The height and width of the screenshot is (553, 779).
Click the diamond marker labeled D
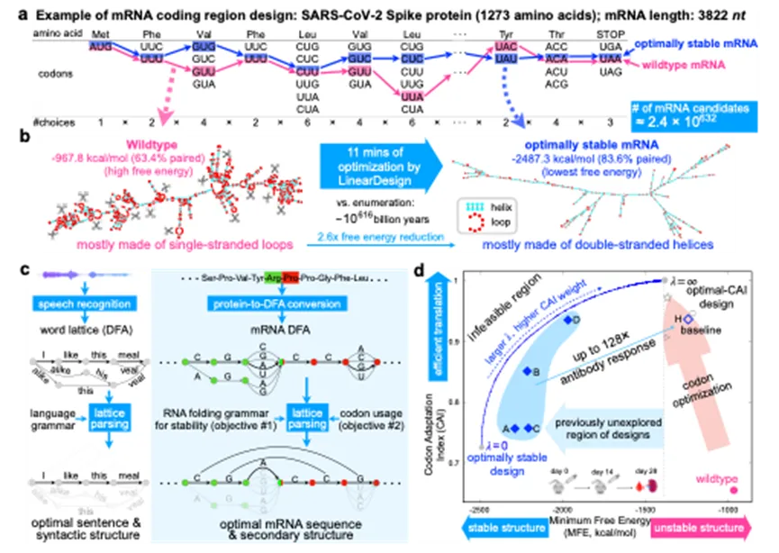[567, 320]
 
